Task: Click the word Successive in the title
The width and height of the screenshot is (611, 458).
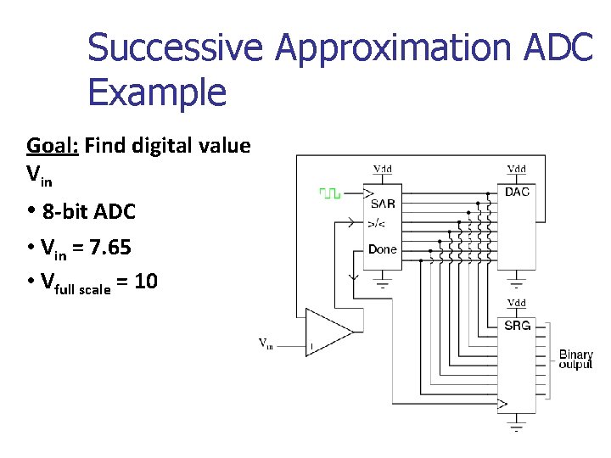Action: pos(177,48)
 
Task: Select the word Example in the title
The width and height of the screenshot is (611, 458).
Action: pos(157,92)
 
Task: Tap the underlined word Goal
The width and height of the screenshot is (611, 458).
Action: pos(51,146)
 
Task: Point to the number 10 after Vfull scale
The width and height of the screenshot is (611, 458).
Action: pos(145,281)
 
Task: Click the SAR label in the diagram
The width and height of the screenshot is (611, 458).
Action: pos(383,204)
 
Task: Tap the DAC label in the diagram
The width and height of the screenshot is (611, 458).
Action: pos(517,192)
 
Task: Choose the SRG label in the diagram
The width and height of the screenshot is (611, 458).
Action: pos(517,326)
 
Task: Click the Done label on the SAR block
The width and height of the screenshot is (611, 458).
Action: pos(383,249)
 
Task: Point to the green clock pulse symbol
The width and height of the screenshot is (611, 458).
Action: pos(329,193)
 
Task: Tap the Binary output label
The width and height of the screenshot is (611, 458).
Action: pos(576,359)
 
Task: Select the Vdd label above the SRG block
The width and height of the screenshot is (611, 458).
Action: pos(516,303)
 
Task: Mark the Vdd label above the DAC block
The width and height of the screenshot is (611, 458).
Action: pos(516,169)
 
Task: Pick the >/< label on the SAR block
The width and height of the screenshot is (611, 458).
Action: pos(376,225)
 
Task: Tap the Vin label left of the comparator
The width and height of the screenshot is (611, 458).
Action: pos(266,343)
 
